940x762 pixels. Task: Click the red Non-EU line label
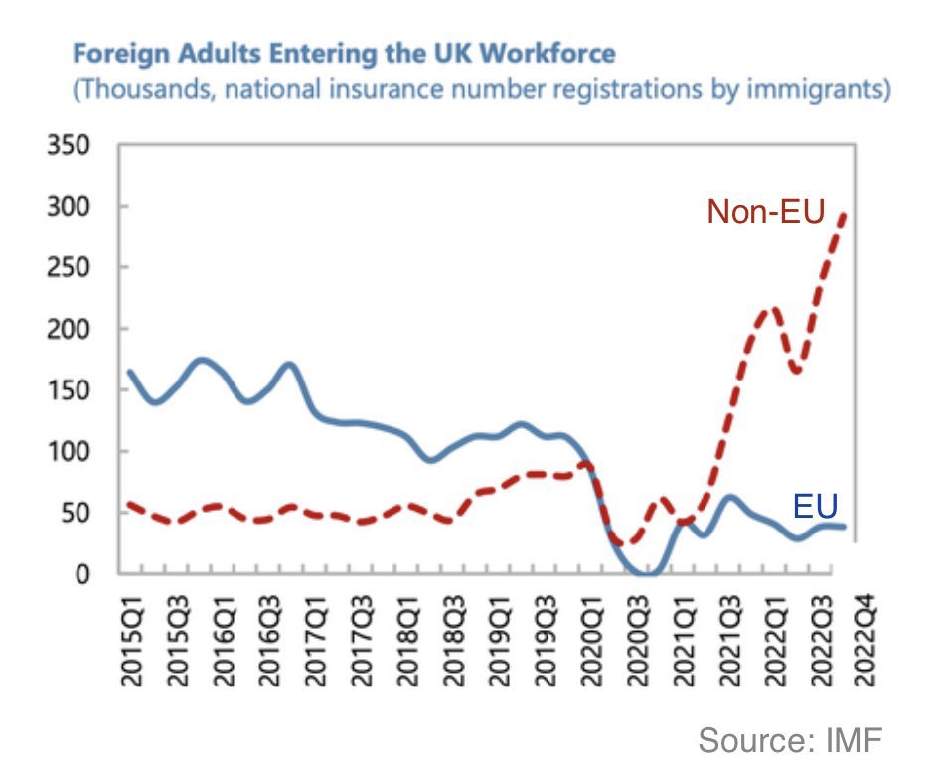[765, 211]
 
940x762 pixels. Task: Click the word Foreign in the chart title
[118, 53]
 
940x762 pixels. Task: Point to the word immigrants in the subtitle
[823, 90]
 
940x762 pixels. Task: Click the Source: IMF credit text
[790, 739]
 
